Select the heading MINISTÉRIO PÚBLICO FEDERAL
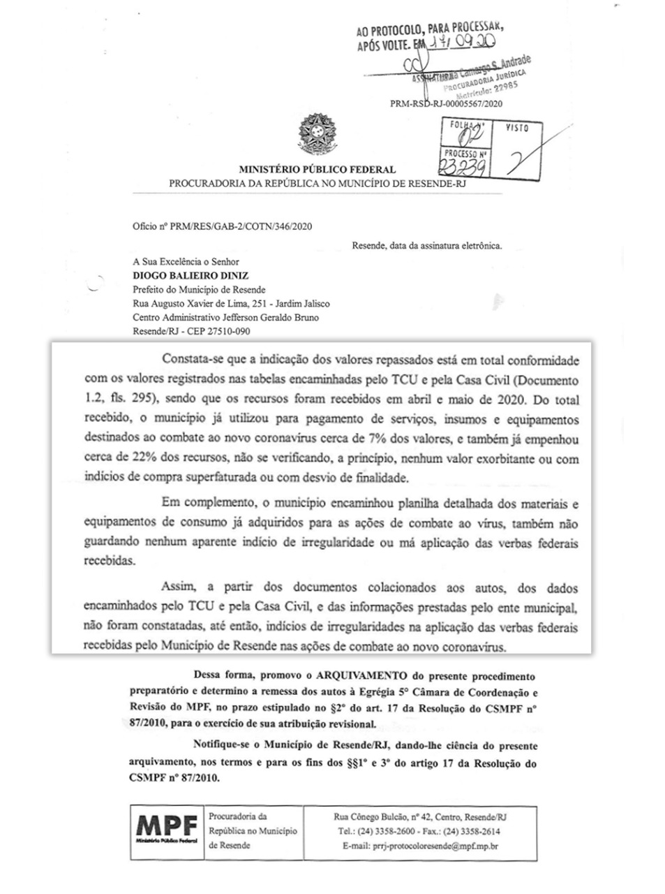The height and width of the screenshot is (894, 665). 317,169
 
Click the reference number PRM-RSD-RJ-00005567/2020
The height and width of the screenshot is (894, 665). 446,103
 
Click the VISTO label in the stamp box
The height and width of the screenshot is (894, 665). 516,129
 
